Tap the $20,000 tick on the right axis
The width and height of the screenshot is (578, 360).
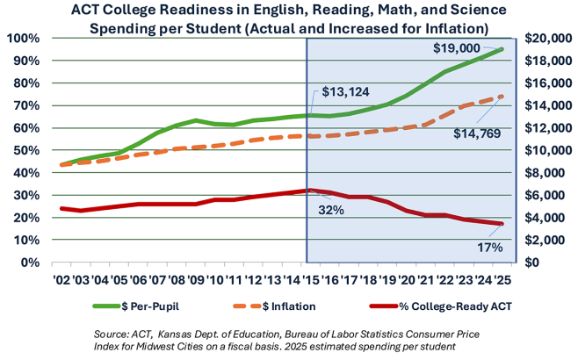pyautogui.click(x=550, y=39)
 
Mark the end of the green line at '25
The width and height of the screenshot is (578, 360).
pyautogui.click(x=502, y=49)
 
